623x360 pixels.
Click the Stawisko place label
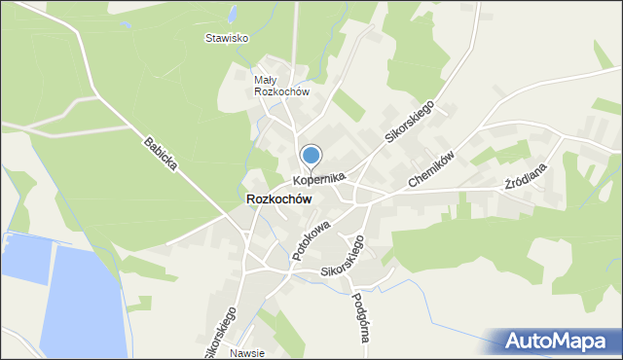[227, 39]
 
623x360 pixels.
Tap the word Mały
[265, 81]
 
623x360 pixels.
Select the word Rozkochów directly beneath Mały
[281, 92]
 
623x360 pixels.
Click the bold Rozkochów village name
[279, 198]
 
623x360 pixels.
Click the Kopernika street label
[319, 180]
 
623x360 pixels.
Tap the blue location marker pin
[311, 156]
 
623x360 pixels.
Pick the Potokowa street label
[311, 238]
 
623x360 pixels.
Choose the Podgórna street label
[359, 316]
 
